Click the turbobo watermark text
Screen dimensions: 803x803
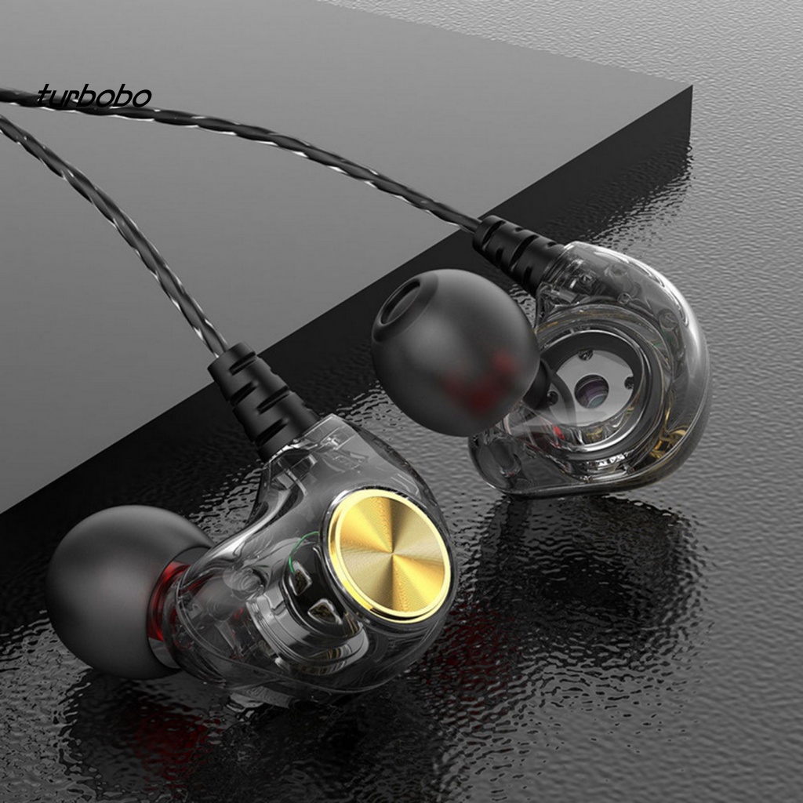[x=94, y=96]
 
